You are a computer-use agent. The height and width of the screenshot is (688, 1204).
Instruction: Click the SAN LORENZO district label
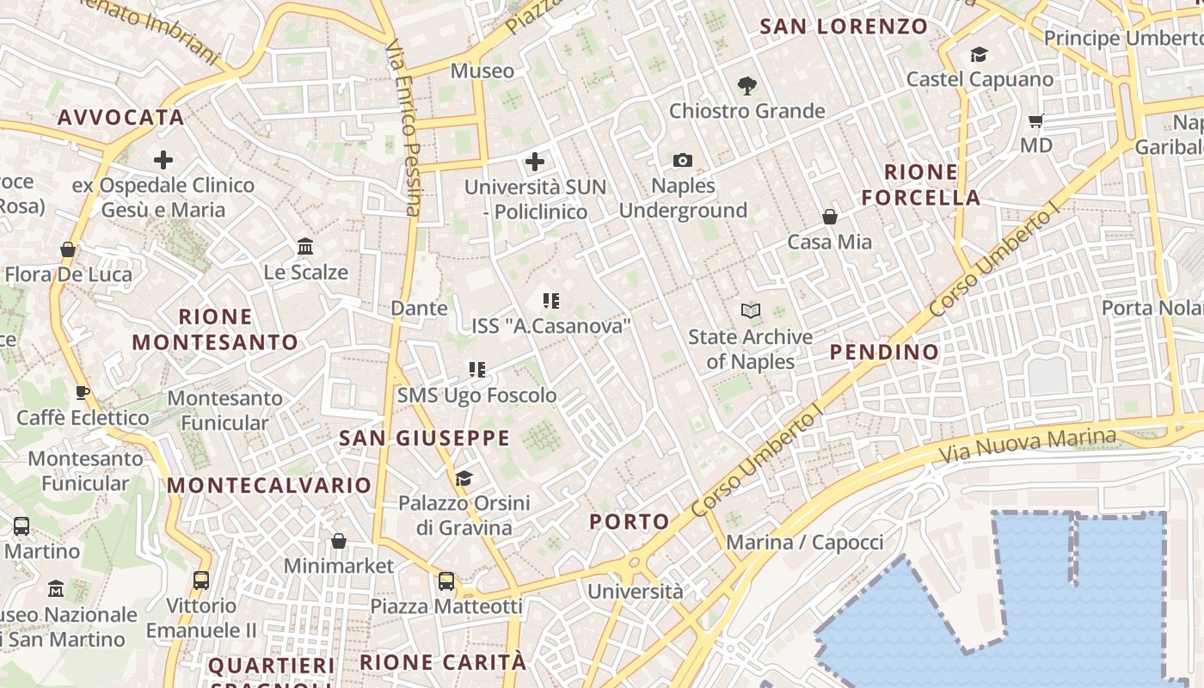[x=844, y=27]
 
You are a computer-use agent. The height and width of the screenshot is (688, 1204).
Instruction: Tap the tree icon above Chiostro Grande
[x=746, y=85]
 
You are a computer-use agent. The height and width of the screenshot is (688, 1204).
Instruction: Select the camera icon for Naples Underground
[x=683, y=160]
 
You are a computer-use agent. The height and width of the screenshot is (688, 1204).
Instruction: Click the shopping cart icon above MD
[x=1036, y=121]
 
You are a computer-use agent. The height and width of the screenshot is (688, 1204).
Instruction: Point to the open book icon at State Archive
[x=751, y=310]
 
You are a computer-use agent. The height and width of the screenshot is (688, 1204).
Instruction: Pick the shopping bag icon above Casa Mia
[x=830, y=217]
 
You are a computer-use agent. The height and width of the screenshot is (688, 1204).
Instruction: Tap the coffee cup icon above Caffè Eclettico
[x=83, y=393]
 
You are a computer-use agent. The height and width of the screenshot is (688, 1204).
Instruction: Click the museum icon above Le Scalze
[x=305, y=247]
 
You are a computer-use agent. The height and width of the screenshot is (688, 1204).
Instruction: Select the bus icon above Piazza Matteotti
[x=446, y=581]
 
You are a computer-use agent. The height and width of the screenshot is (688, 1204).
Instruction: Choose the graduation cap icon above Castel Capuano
[x=979, y=55]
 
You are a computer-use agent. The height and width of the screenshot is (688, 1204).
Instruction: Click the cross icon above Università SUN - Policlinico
[x=535, y=162]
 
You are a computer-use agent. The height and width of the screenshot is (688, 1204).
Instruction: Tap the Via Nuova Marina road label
[x=1027, y=445]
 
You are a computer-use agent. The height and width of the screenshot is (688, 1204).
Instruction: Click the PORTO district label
[x=629, y=521]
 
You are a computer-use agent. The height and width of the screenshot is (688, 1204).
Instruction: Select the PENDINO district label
[x=884, y=352]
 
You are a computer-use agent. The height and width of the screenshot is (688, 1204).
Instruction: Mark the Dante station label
[x=419, y=308]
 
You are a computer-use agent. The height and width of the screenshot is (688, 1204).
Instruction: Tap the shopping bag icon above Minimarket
[x=339, y=541]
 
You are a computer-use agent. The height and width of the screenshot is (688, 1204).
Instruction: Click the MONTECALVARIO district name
[x=268, y=485]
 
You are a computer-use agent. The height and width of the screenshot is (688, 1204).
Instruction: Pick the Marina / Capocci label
[x=804, y=543]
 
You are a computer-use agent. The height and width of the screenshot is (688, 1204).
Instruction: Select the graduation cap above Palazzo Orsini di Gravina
[x=464, y=478]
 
